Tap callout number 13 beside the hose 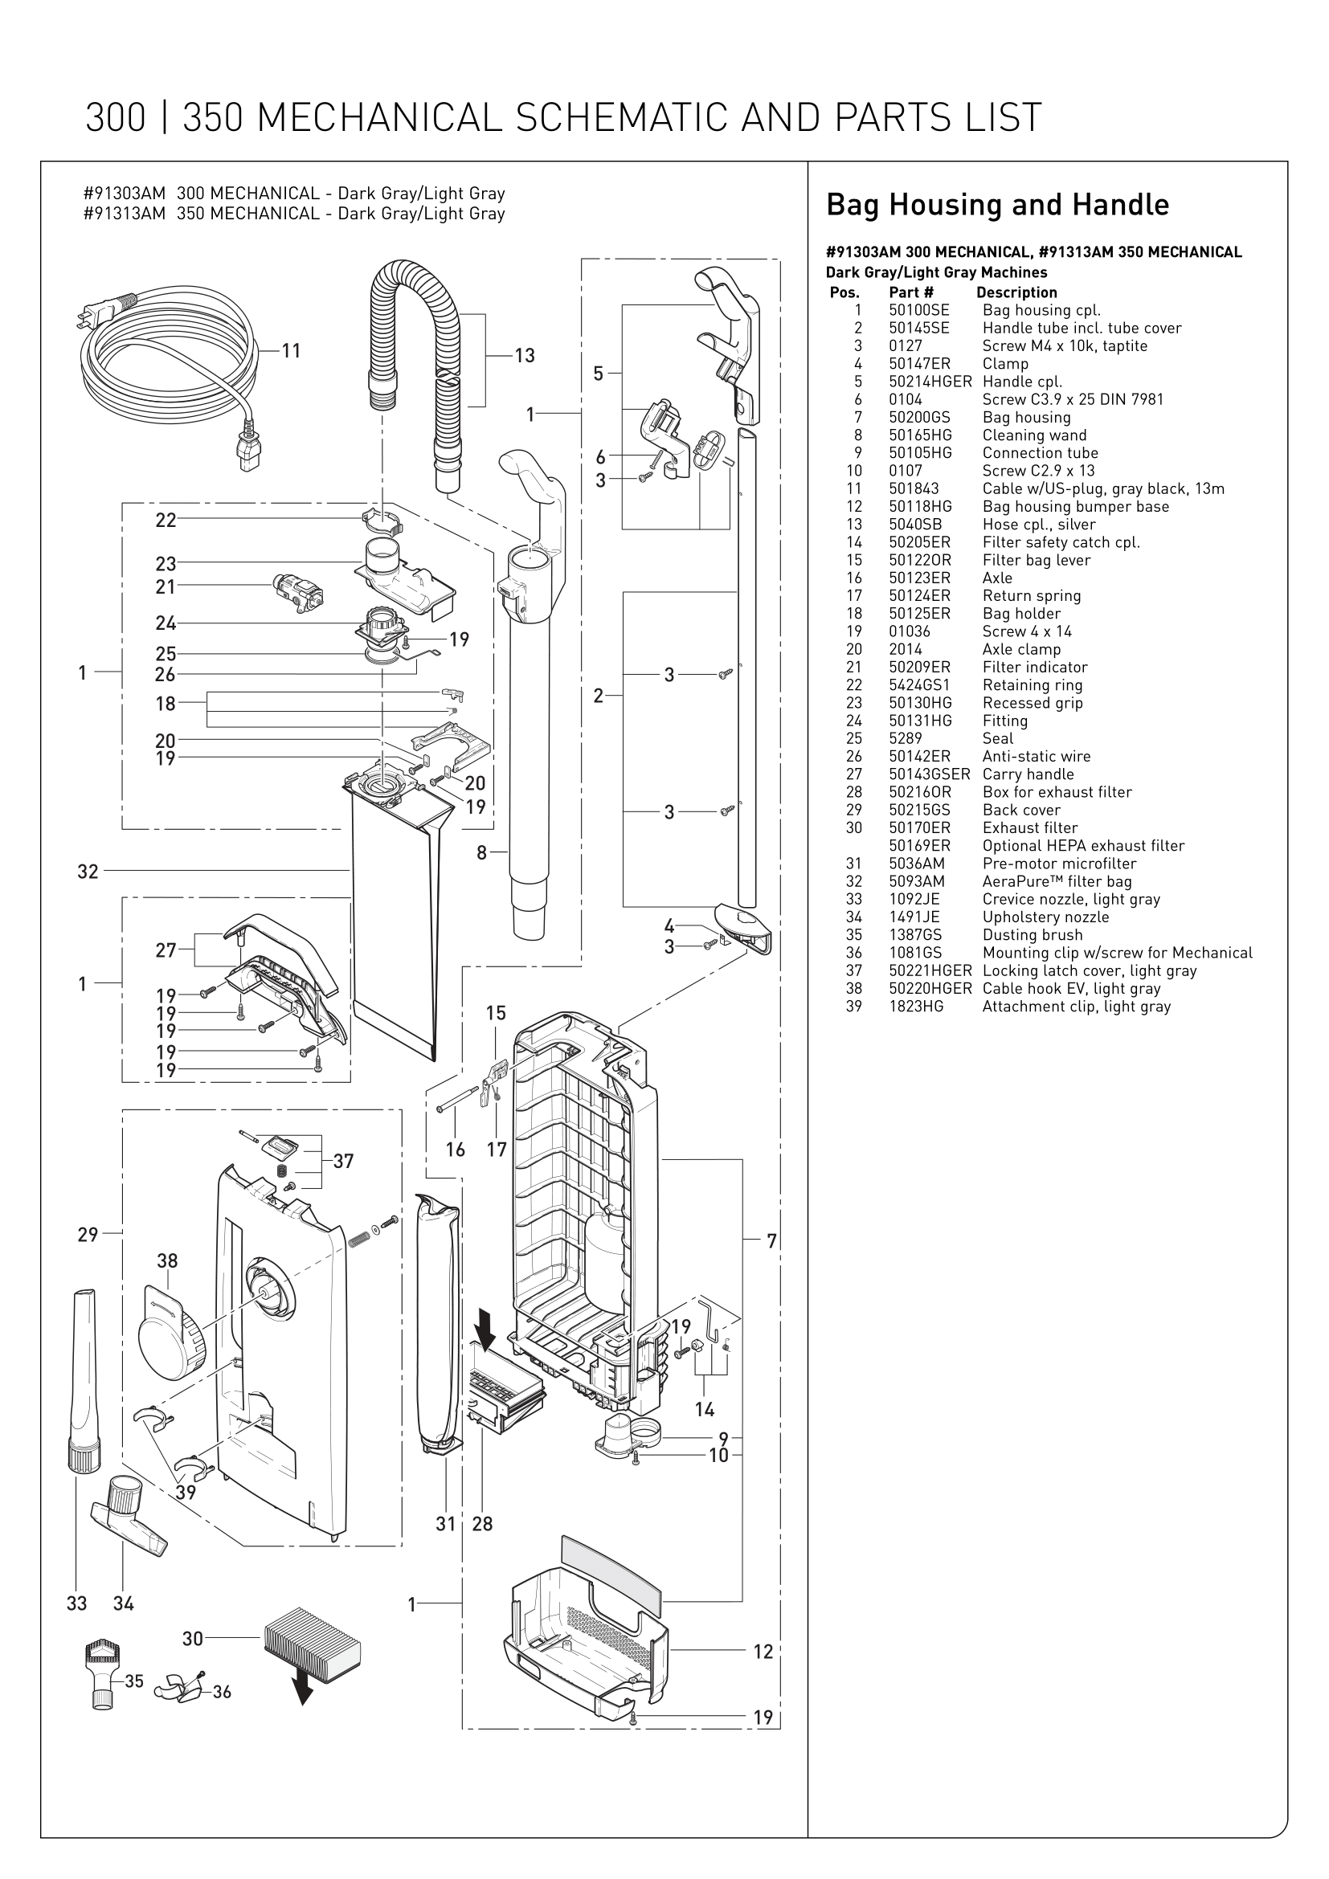525,355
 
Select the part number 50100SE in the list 919,310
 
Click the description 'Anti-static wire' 1036,756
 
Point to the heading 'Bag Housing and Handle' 996,205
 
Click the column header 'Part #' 911,292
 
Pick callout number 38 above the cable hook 167,1260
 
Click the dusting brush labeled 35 103,1672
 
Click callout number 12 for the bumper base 763,1652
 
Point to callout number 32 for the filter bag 88,872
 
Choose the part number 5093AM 917,881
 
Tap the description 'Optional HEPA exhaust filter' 1082,845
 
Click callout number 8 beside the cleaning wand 482,853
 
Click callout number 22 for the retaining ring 166,521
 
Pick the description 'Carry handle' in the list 1028,774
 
